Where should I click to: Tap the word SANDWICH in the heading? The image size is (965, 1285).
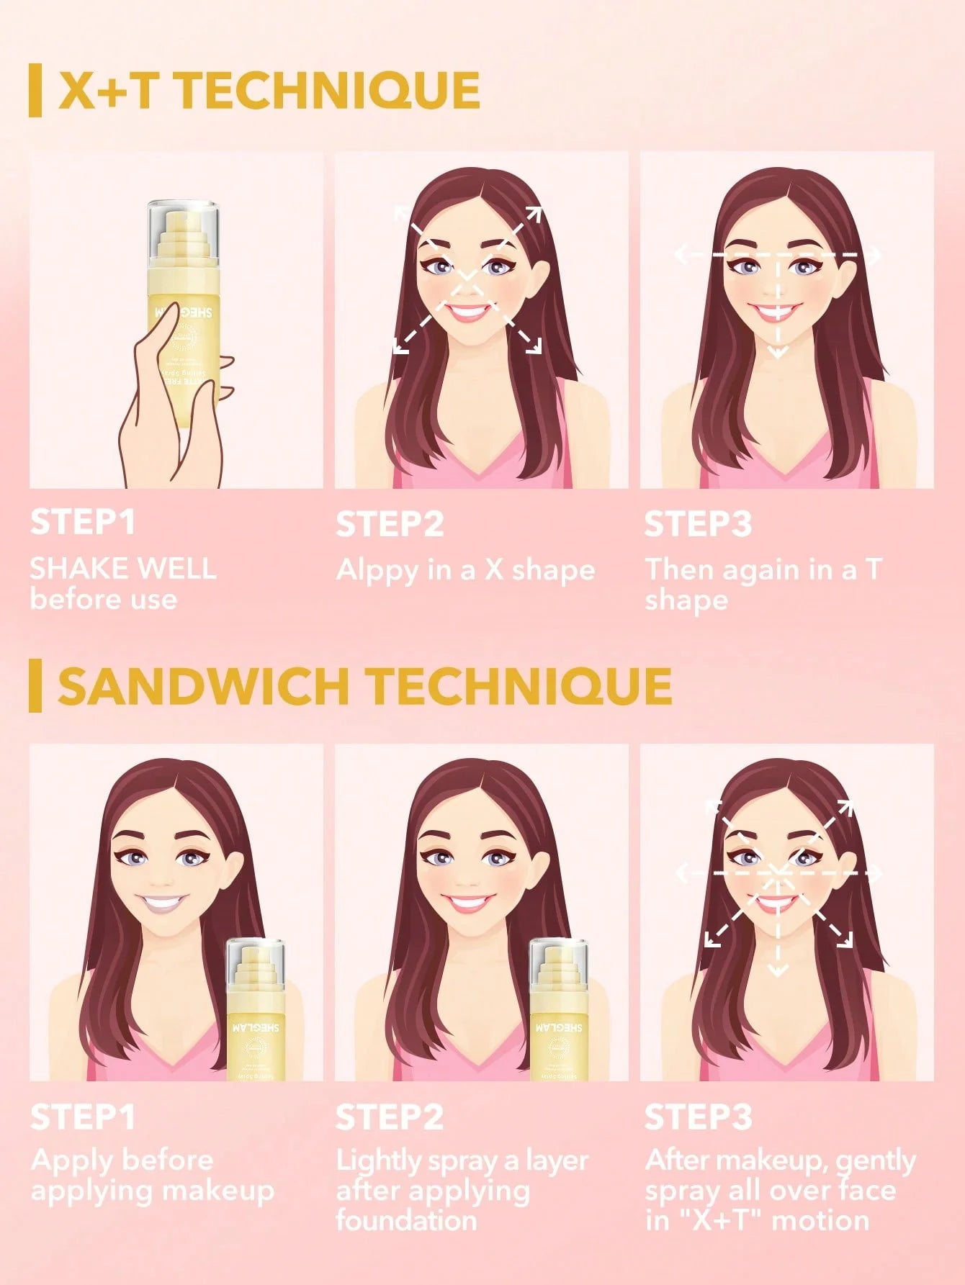click(202, 686)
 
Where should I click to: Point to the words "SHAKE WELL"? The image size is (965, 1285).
click(122, 569)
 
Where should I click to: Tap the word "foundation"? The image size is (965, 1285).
click(405, 1220)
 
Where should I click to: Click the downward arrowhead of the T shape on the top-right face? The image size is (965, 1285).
click(778, 352)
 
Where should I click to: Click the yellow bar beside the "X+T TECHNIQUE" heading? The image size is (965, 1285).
click(35, 91)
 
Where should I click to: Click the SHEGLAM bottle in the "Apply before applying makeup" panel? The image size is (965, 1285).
click(256, 1011)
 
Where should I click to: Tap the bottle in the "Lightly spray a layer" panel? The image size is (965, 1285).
click(559, 1011)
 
